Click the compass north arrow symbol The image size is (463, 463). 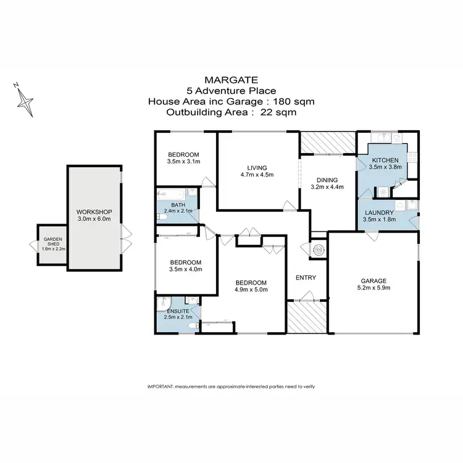click(x=25, y=99)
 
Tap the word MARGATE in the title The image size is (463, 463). click(x=231, y=80)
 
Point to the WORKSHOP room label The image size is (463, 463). click(x=94, y=211)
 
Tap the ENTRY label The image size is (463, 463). click(x=306, y=278)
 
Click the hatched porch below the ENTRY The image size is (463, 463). click(x=306, y=317)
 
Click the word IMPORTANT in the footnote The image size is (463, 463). click(x=161, y=386)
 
